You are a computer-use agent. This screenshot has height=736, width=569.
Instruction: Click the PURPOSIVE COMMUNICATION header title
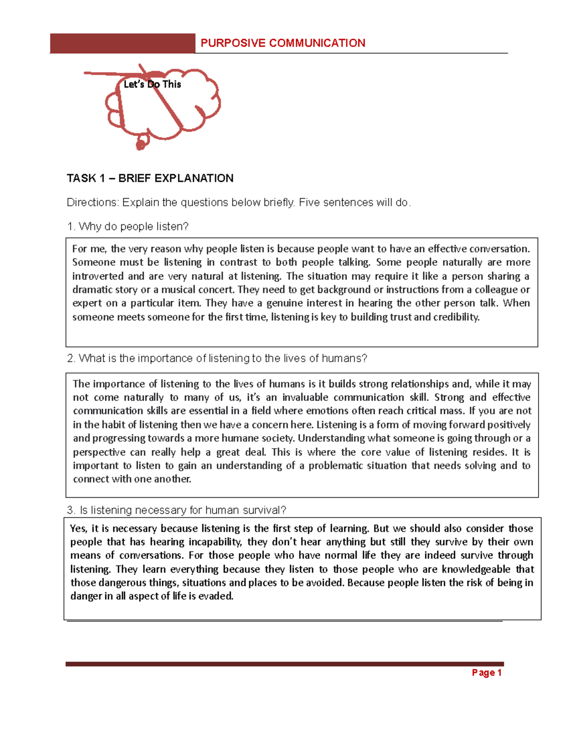pos(283,43)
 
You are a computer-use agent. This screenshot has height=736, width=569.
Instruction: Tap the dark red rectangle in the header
pos(122,43)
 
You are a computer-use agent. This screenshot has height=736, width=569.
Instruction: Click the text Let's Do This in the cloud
pos(152,84)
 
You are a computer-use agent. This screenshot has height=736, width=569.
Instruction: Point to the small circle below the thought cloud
pos(141,145)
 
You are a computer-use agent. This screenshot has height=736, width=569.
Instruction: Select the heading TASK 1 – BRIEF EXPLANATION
pos(150,178)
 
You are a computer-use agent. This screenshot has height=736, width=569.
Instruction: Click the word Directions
pos(92,202)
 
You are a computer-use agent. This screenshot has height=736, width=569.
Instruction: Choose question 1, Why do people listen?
pos(128,227)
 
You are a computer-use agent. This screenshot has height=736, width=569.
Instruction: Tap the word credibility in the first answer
pos(456,317)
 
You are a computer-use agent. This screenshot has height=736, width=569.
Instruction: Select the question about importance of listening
pos(217,358)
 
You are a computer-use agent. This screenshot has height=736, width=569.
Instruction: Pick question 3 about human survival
pos(176,510)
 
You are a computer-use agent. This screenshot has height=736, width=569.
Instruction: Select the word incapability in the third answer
pos(216,542)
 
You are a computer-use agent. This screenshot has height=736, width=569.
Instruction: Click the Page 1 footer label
pos(486,672)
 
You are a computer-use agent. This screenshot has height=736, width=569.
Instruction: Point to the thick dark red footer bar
pos(284,664)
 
